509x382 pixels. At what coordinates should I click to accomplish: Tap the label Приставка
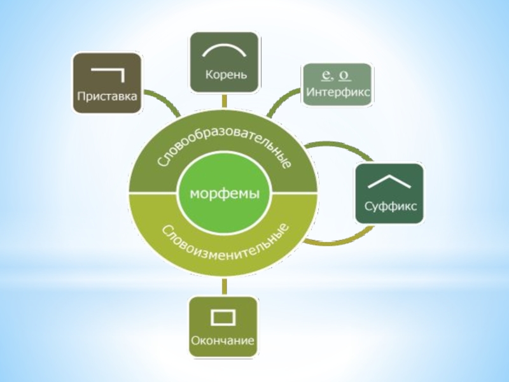pos(107,97)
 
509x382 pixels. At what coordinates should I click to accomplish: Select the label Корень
pos(226,74)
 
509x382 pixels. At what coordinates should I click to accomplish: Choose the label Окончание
pos(223,340)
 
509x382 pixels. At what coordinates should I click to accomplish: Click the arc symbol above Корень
pos(226,50)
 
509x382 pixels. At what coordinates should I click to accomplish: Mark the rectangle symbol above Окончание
pos(223,316)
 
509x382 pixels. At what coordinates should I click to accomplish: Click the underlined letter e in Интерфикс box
pos(326,75)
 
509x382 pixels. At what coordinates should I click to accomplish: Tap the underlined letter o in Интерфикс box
pos(344,75)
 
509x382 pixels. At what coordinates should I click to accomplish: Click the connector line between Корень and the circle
pos(224,99)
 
